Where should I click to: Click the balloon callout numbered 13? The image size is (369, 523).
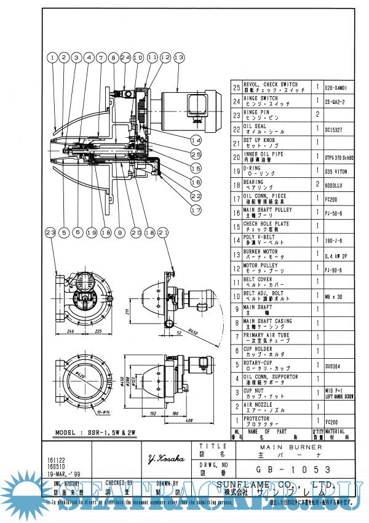179,57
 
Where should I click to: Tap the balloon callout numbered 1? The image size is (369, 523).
54,57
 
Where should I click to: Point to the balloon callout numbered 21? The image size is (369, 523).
163,233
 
